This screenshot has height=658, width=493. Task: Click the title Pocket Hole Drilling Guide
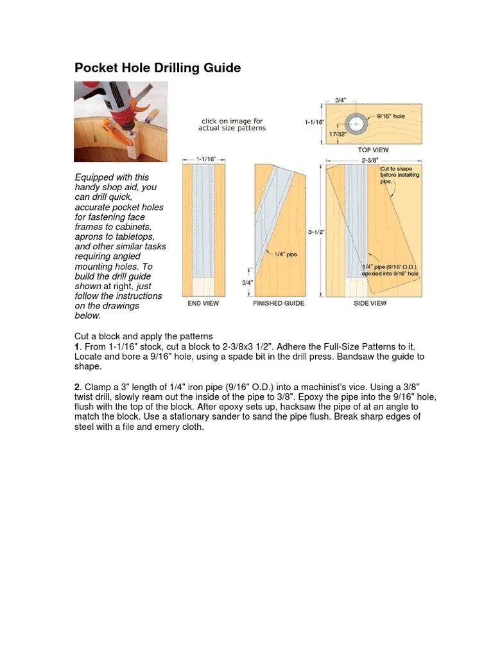click(158, 67)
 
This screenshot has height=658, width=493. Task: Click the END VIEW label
click(203, 303)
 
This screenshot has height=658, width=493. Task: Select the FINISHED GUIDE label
click(279, 303)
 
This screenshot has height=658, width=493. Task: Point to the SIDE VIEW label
click(370, 303)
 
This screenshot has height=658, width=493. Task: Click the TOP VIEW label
click(374, 150)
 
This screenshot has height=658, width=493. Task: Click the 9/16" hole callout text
click(392, 116)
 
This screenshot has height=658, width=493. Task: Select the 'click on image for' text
click(232, 121)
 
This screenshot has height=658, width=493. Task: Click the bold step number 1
click(76, 346)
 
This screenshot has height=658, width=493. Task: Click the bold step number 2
click(77, 387)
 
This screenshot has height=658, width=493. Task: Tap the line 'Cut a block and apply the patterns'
click(143, 337)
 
